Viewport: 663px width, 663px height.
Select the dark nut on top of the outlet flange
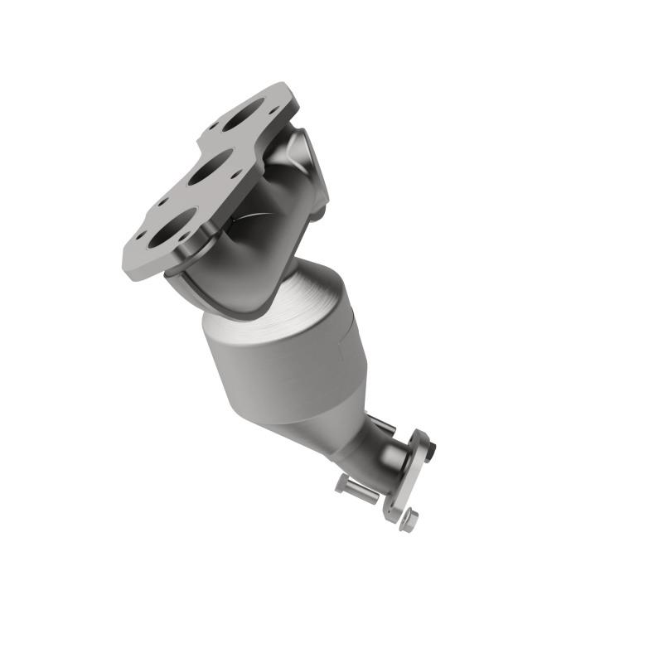(428, 448)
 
